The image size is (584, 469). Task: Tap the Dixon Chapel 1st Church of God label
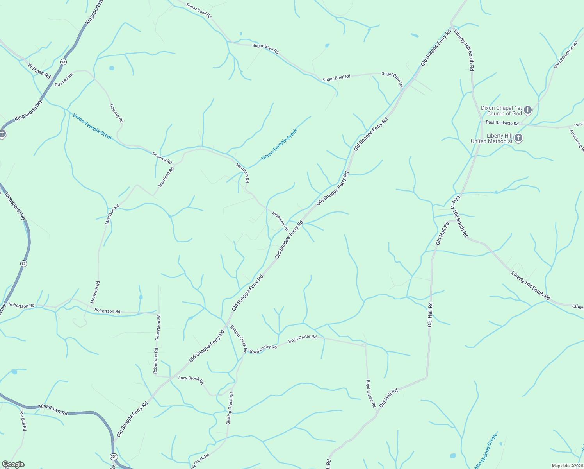click(x=501, y=111)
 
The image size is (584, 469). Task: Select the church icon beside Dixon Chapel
click(x=528, y=110)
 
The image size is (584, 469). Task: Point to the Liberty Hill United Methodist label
click(x=491, y=138)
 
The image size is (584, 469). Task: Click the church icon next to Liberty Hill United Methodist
click(x=518, y=138)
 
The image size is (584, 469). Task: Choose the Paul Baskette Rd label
click(x=502, y=123)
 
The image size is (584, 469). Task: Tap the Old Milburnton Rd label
click(x=565, y=55)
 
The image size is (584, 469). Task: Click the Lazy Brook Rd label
click(x=191, y=379)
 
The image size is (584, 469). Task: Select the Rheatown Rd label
click(x=53, y=409)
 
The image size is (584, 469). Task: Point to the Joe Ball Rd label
click(x=23, y=421)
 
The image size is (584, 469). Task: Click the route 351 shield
click(x=114, y=456)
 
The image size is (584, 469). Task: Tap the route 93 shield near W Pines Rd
click(x=63, y=62)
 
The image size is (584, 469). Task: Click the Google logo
click(x=13, y=464)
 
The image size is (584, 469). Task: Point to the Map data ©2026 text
click(x=567, y=466)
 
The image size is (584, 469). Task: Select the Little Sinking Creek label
click(x=484, y=453)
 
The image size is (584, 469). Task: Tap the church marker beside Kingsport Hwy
click(x=2, y=134)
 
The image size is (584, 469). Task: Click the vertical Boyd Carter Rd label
click(x=370, y=394)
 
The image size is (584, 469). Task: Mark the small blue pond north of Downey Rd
click(x=112, y=68)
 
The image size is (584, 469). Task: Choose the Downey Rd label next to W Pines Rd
click(x=64, y=80)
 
